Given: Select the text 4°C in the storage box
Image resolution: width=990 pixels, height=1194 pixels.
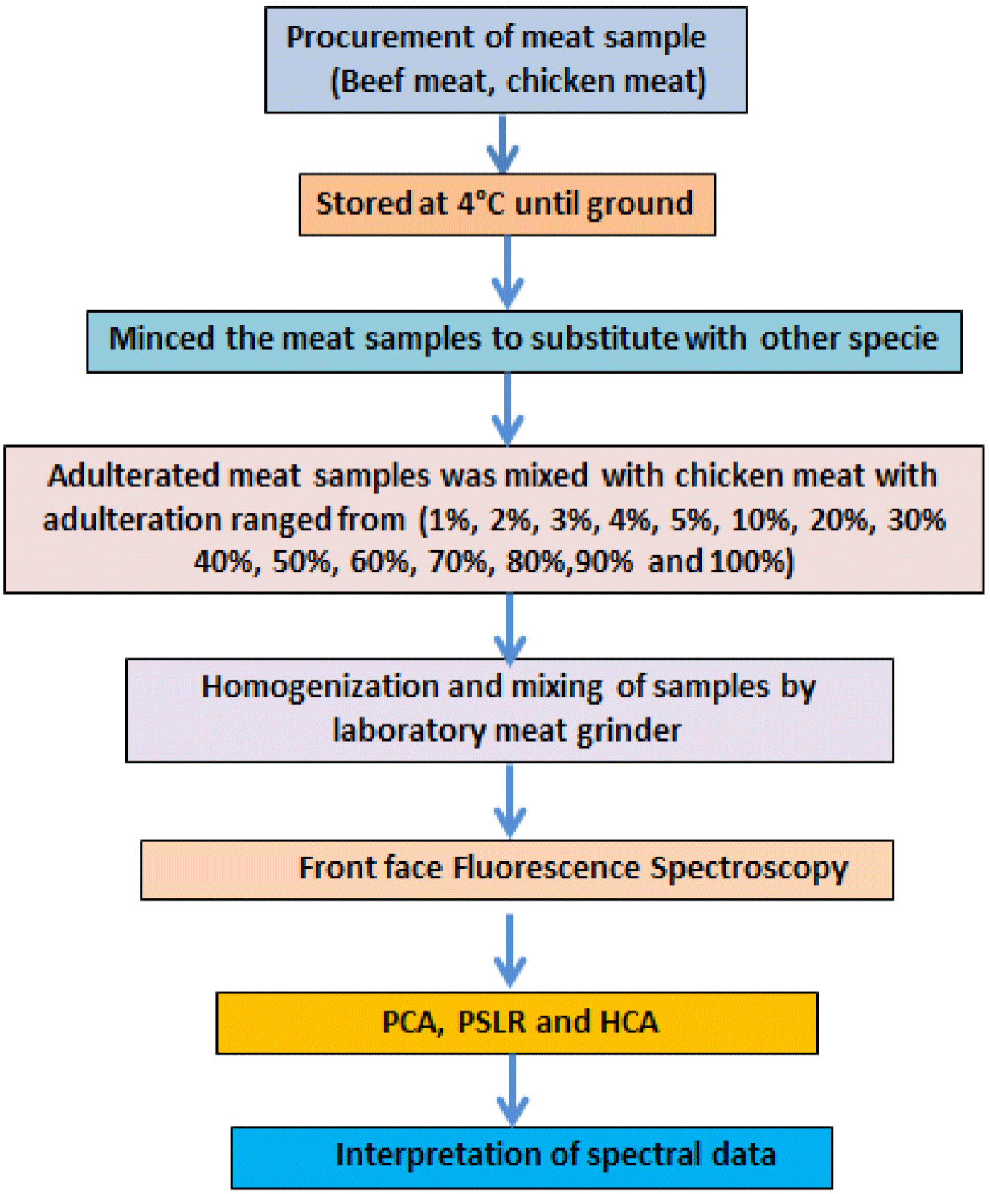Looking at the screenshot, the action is [x=481, y=203].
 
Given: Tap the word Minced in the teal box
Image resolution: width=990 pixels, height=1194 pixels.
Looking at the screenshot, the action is [x=162, y=338].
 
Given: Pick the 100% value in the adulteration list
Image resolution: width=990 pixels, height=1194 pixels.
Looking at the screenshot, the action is [x=752, y=562].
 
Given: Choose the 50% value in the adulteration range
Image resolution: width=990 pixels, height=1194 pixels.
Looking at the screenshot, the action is [x=301, y=562].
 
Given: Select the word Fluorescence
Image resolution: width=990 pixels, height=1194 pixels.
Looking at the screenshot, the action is [x=546, y=868].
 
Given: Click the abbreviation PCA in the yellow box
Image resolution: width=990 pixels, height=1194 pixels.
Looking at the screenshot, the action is [x=412, y=1022].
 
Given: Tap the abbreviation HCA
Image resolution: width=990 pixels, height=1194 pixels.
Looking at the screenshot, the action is [x=629, y=1022].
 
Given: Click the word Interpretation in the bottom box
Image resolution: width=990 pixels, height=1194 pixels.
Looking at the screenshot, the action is [x=438, y=1155].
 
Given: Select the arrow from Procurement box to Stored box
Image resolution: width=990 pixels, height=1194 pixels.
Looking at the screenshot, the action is [x=503, y=144].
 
